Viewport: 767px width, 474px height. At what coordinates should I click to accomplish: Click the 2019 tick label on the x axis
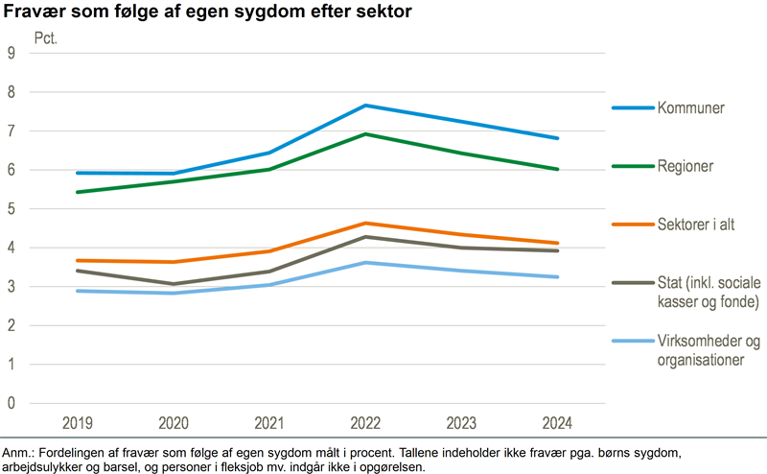pos(77,423)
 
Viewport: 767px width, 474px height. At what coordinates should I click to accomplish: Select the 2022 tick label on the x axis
pos(364,423)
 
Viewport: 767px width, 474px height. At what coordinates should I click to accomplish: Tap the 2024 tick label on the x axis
pos(556,423)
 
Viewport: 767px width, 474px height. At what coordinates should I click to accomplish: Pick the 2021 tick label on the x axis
pos(268,423)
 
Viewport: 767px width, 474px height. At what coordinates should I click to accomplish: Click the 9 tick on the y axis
pos(12,54)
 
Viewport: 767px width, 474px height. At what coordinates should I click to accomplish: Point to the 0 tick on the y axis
pos(12,403)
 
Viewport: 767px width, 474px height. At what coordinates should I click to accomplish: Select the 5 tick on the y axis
pos(12,209)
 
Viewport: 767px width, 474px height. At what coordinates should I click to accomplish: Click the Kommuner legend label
pos(690,107)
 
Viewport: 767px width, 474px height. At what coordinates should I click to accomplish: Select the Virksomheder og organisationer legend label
pos(708,351)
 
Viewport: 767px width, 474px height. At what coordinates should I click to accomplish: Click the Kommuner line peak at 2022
pos(364,106)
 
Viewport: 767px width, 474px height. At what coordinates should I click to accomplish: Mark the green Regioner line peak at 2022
pos(364,134)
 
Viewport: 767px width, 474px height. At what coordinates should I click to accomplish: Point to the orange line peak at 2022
pos(364,223)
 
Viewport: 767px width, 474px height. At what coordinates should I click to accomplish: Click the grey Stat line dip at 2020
pos(173,284)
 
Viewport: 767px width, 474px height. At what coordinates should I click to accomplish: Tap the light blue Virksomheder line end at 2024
pos(556,277)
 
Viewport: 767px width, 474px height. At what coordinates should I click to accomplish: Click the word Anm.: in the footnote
pos(18,452)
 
